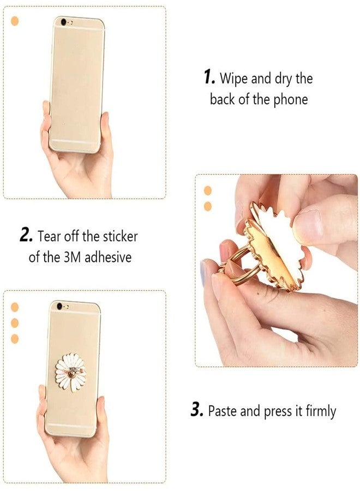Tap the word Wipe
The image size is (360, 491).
pyautogui.click(x=234, y=79)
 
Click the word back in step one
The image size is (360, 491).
pyautogui.click(x=223, y=99)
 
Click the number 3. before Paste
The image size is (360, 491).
pyautogui.click(x=197, y=410)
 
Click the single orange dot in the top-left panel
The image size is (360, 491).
pyautogui.click(x=15, y=21)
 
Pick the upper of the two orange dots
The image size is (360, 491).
pyautogui.click(x=207, y=190)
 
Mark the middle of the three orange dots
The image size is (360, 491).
pyautogui.click(x=15, y=322)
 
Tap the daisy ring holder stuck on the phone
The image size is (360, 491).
pyautogui.click(x=71, y=370)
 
